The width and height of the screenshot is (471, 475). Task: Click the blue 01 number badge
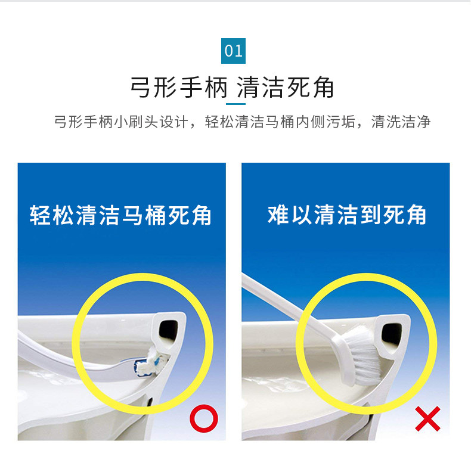[x=233, y=51]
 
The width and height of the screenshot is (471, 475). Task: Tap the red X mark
[x=427, y=419]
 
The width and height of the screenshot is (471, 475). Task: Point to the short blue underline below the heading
[x=235, y=104]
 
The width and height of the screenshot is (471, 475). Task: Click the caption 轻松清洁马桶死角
[x=120, y=215]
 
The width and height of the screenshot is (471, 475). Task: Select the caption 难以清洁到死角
[x=347, y=215]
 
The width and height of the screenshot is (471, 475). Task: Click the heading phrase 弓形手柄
[x=179, y=87]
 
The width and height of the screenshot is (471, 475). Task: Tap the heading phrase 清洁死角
[x=285, y=87]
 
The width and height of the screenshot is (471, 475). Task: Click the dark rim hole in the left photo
[x=169, y=330]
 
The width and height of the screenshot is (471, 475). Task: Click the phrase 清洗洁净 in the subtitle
[x=401, y=122]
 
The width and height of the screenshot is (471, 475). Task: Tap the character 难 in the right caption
[x=278, y=215]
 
